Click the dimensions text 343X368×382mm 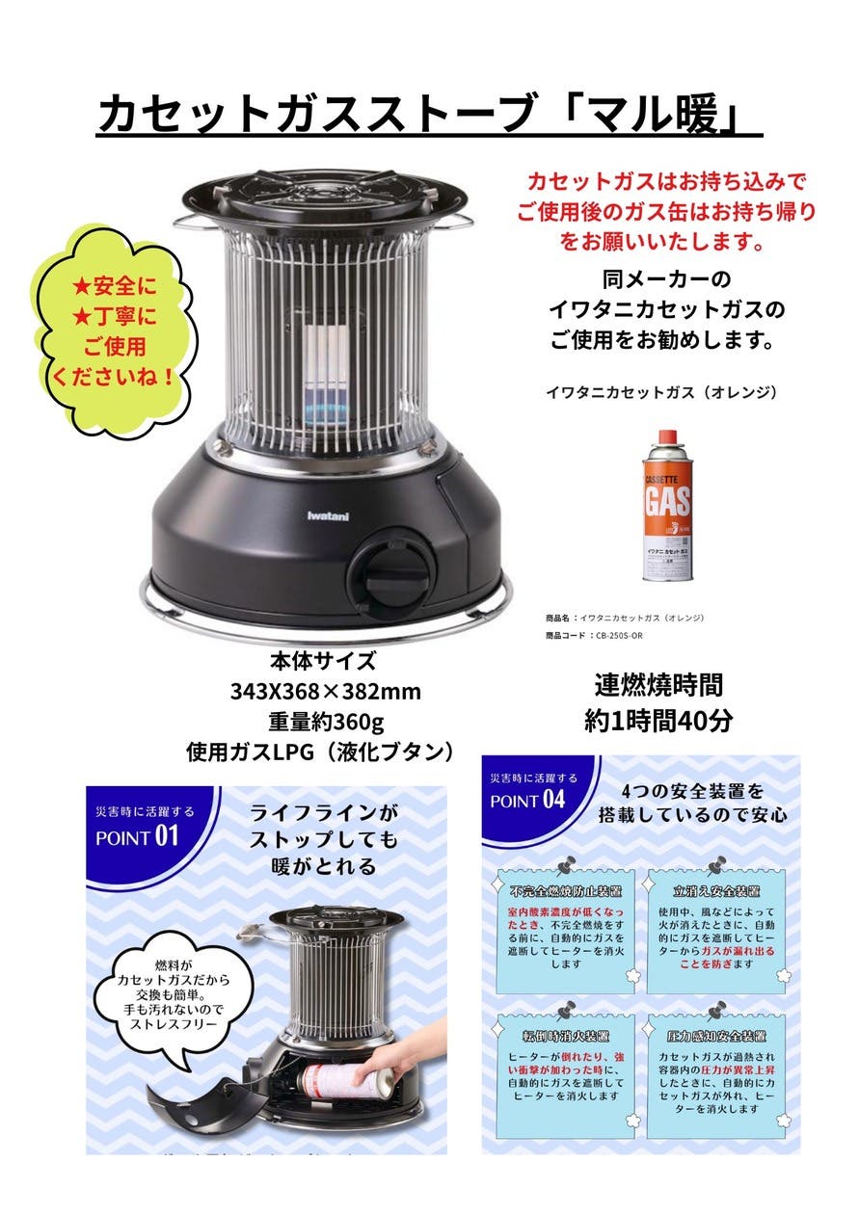324,692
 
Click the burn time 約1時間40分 658,720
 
